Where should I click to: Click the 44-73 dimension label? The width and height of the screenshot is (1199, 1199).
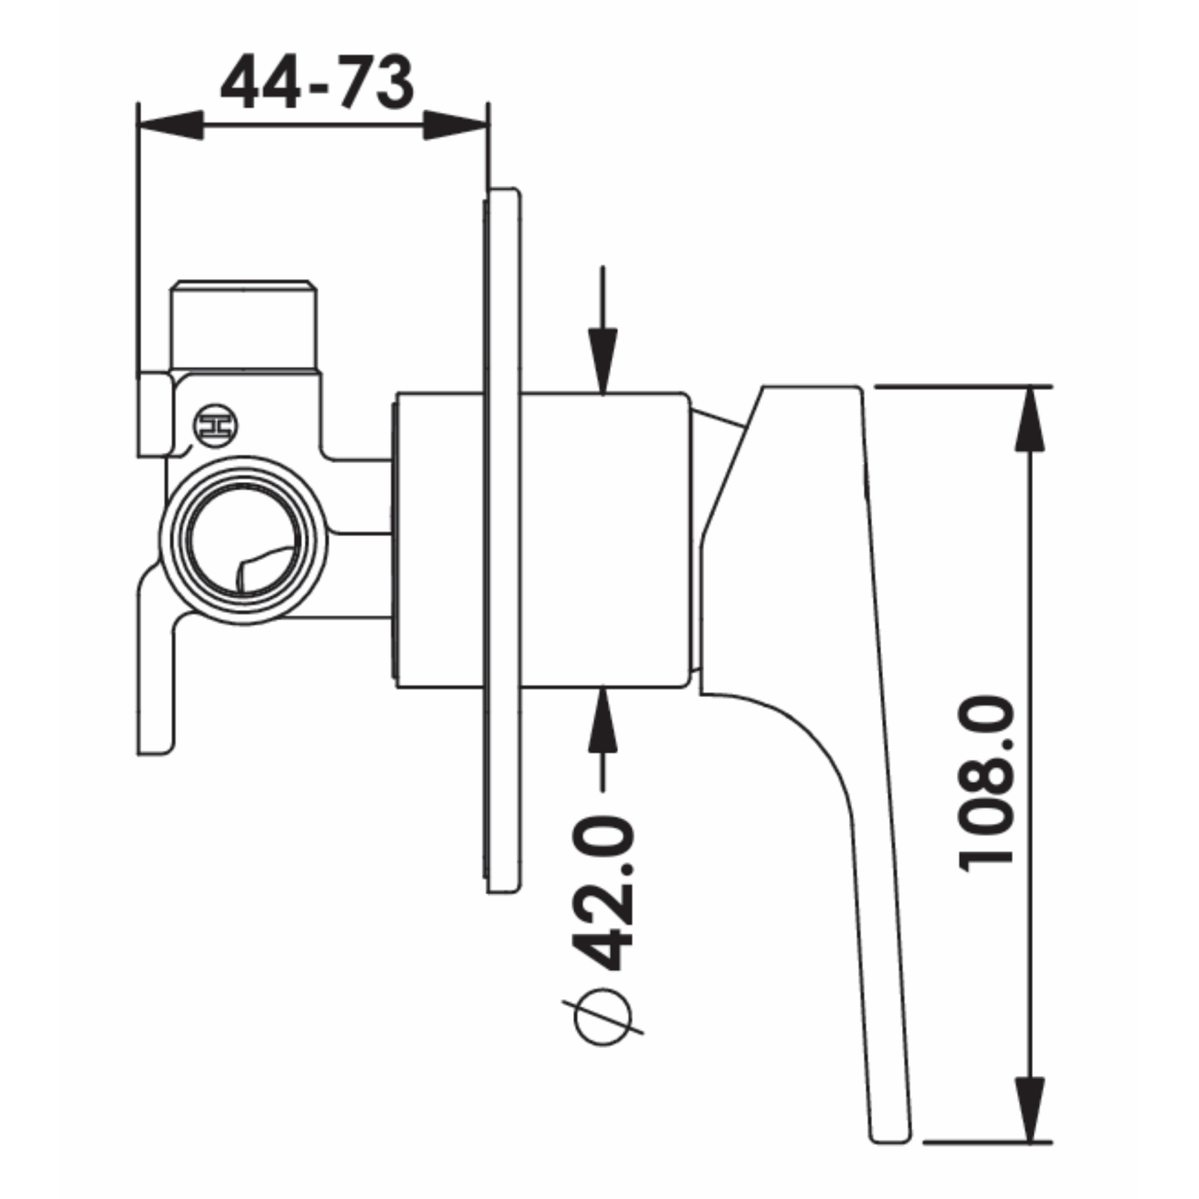[316, 84]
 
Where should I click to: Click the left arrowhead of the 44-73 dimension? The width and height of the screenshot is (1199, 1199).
[171, 127]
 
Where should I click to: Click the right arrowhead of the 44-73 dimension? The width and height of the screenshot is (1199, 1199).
[455, 127]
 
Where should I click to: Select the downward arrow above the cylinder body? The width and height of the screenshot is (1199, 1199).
[603, 357]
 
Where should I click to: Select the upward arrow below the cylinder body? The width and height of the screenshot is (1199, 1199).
[603, 722]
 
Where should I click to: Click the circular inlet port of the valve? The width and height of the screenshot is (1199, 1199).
[243, 540]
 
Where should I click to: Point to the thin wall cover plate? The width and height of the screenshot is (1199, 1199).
[504, 539]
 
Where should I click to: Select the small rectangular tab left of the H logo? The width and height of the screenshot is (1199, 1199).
[154, 415]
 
